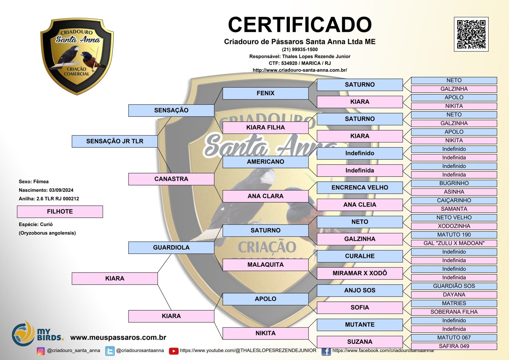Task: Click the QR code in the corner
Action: point(471,34)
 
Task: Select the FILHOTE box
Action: point(60,212)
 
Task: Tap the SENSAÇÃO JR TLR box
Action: point(115,141)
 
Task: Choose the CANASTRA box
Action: point(171,179)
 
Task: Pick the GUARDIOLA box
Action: point(171,248)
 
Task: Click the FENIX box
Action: point(265,93)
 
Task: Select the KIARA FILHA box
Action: point(265,128)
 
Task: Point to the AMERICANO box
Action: point(265,162)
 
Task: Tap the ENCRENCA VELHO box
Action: point(360,187)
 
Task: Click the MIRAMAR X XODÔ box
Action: point(360,273)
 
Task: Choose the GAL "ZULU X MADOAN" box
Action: point(454,243)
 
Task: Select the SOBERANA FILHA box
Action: point(454,312)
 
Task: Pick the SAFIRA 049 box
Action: point(454,346)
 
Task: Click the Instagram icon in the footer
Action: point(41,351)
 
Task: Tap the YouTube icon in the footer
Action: point(174,351)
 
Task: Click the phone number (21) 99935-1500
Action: point(300,50)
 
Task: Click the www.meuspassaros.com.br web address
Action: point(118,337)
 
